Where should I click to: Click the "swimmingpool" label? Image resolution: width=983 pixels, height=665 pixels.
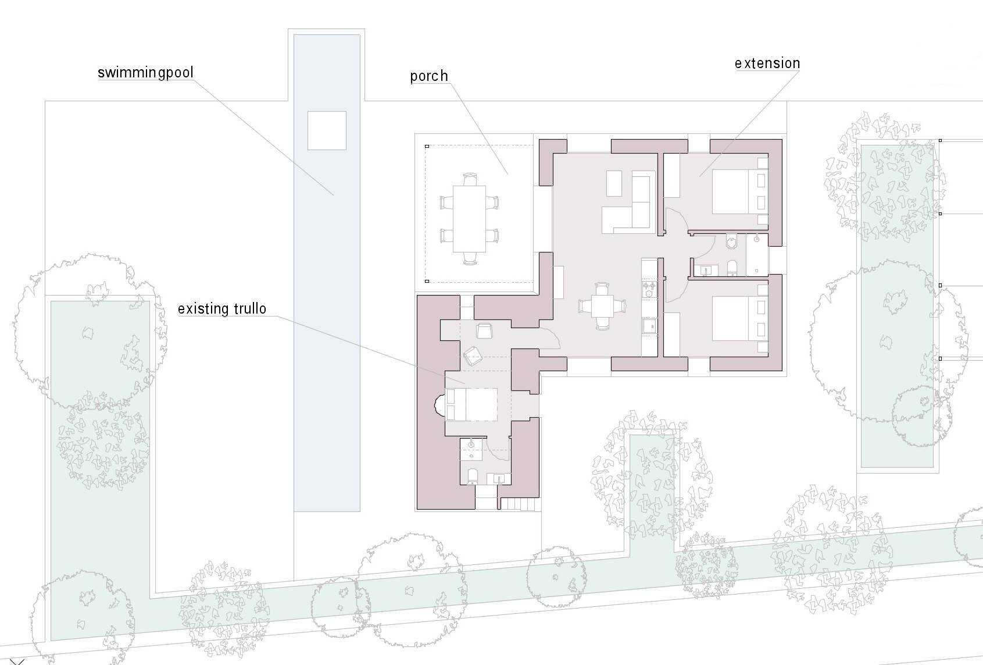pyautogui.click(x=145, y=73)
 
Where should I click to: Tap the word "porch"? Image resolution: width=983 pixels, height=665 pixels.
pyautogui.click(x=429, y=77)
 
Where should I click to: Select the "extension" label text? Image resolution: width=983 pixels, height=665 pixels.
pyautogui.click(x=767, y=63)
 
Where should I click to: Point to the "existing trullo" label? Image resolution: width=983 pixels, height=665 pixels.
pyautogui.click(x=222, y=309)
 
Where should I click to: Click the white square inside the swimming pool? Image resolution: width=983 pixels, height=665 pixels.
pyautogui.click(x=327, y=130)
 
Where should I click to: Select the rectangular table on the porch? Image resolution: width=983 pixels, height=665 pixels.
pyautogui.click(x=469, y=219)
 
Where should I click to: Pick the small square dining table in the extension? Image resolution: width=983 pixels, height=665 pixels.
pyautogui.click(x=602, y=306)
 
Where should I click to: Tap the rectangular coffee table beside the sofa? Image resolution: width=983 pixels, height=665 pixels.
pyautogui.click(x=614, y=183)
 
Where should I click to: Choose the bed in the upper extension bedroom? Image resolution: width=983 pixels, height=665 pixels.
pyautogui.click(x=739, y=191)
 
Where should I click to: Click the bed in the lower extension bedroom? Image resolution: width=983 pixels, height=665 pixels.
pyautogui.click(x=739, y=318)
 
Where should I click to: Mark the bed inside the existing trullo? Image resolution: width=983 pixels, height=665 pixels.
pyautogui.click(x=471, y=404)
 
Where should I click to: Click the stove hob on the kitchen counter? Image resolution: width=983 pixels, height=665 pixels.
pyautogui.click(x=649, y=290)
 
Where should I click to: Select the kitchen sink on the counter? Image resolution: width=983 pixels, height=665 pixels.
pyautogui.click(x=649, y=326)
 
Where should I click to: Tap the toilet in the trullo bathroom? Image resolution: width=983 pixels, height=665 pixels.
pyautogui.click(x=472, y=477)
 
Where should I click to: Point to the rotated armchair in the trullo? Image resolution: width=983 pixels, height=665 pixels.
pyautogui.click(x=473, y=356)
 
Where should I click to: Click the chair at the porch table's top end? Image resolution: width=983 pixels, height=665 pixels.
pyautogui.click(x=470, y=179)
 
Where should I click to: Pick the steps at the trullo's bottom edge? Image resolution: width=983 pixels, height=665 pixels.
pyautogui.click(x=518, y=504)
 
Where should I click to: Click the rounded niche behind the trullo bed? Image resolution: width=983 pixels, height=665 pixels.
pyautogui.click(x=439, y=405)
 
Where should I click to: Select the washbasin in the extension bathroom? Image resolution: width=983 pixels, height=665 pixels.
pyautogui.click(x=705, y=270)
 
